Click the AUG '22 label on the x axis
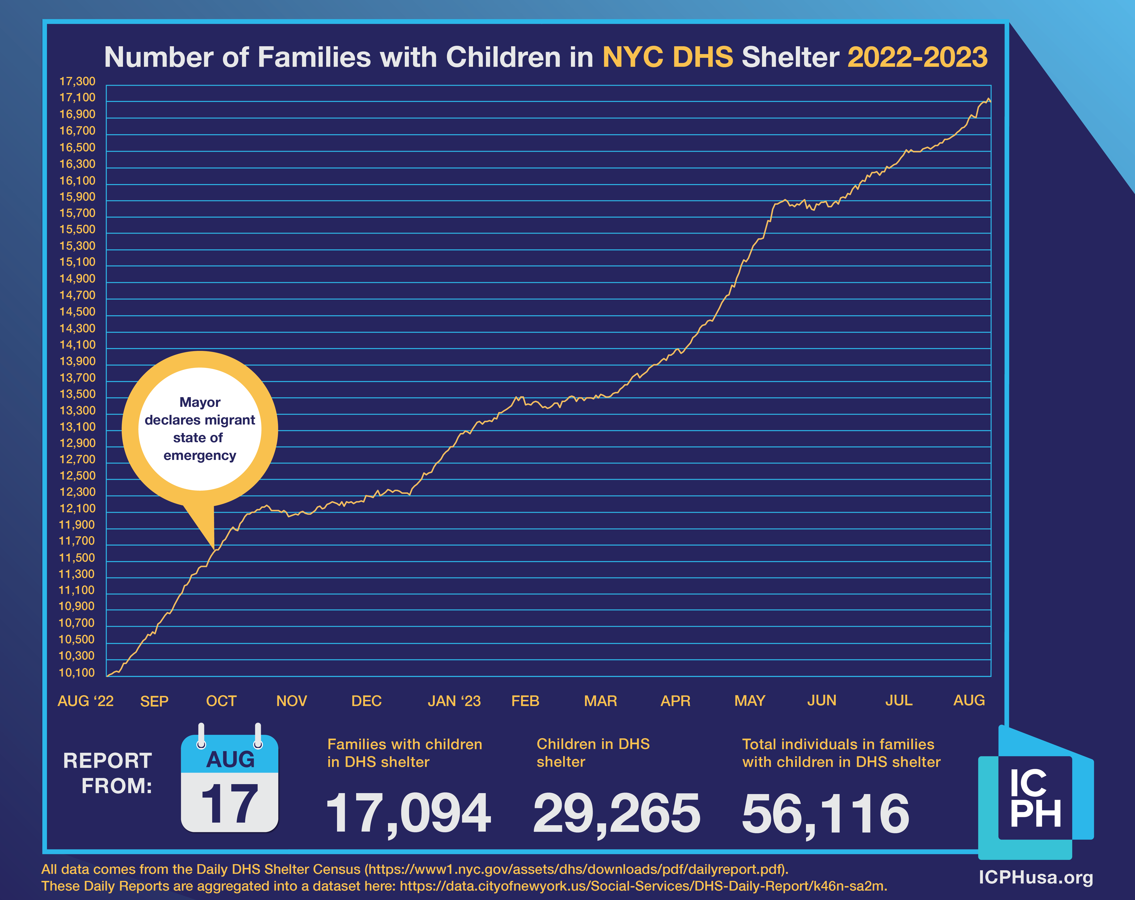[85, 701]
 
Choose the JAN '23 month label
[454, 701]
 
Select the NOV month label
[292, 701]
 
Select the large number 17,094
[409, 813]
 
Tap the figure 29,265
[616, 813]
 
